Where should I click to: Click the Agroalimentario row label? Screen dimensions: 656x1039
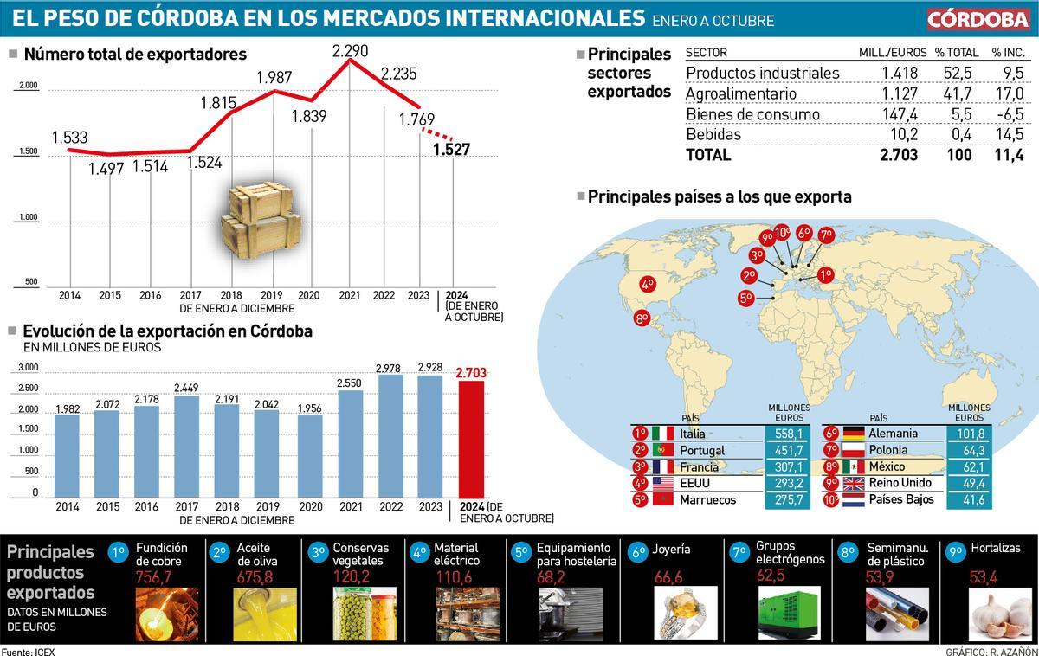[x=741, y=93]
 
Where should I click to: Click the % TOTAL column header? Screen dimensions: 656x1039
[x=956, y=53]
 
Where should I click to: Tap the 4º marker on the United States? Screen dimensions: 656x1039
[x=648, y=283]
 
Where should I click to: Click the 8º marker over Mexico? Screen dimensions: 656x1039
[x=642, y=318]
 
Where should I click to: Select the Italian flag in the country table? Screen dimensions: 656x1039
[x=662, y=433]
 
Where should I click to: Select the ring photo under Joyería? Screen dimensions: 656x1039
[x=684, y=612]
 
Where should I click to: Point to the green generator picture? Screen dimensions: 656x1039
[x=788, y=611]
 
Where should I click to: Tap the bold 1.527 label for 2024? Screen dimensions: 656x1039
[x=451, y=150]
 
